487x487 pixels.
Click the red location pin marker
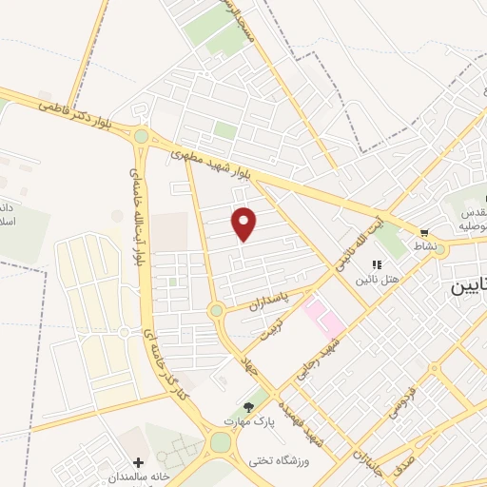point(244,224)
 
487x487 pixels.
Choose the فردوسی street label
point(399,399)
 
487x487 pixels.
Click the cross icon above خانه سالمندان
point(139,461)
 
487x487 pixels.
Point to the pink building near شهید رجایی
point(322,318)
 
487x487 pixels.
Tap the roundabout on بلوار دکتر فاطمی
point(141,136)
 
